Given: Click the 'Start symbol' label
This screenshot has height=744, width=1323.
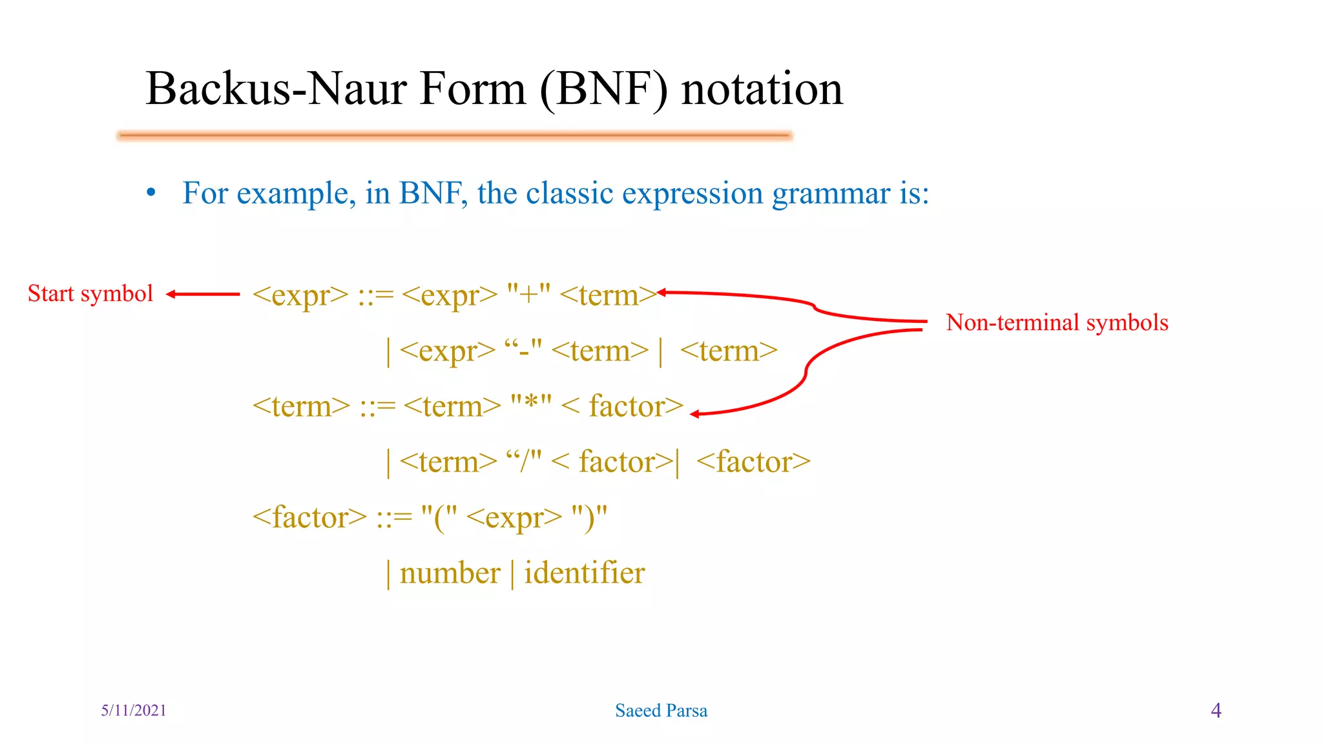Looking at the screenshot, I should pos(90,294).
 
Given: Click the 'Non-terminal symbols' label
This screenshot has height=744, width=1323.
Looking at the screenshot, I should pos(1057,322).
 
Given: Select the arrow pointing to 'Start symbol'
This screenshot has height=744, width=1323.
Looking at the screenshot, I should pos(202,294).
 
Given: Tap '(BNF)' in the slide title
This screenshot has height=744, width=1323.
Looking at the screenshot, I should pos(603,90).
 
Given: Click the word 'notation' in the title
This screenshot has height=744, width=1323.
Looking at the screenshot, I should pos(762,88).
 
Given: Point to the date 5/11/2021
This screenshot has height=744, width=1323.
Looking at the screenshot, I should pos(134,710).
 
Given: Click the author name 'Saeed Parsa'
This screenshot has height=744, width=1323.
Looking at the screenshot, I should pos(661,710).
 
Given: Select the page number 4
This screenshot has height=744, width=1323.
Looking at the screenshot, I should pos(1216,710).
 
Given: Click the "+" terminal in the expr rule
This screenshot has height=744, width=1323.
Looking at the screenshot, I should pos(528,294).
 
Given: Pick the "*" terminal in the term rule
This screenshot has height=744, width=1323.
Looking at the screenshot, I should pos(531,406).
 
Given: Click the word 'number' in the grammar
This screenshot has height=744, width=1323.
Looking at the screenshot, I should pos(450,573).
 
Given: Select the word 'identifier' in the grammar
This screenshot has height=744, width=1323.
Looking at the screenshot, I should pos(584,573).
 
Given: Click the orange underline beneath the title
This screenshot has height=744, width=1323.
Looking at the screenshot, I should pos(455,136).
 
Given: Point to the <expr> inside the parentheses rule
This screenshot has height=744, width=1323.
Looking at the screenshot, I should pos(514,517).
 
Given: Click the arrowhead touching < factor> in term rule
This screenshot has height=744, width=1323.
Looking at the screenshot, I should pos(695,414).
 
